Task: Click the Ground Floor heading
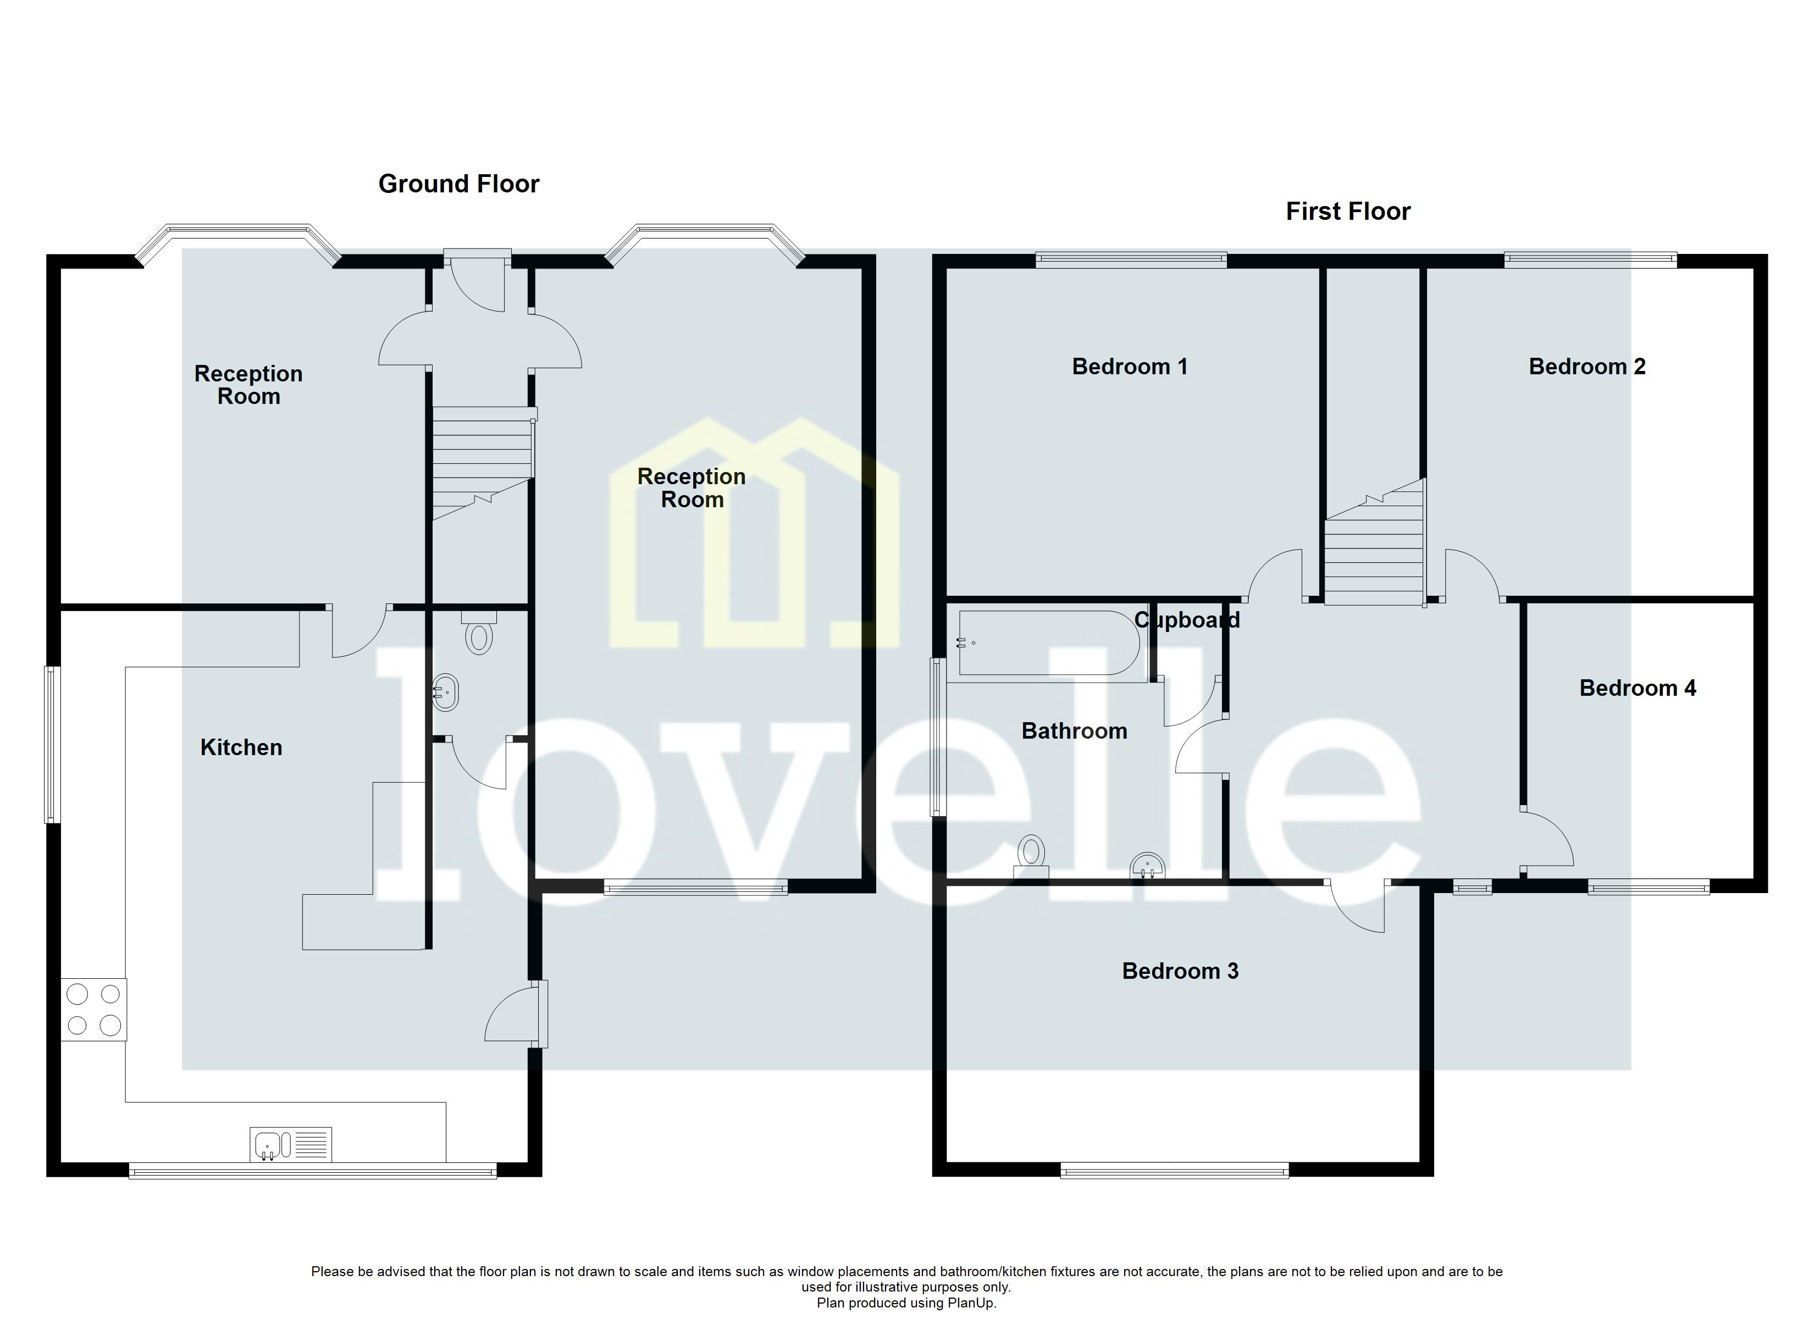[458, 184]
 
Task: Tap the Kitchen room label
[241, 748]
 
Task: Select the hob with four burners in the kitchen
[93, 1010]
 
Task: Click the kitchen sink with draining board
[290, 1145]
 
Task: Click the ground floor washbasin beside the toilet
[445, 692]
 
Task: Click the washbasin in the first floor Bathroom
[1147, 866]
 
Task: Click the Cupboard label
[1186, 620]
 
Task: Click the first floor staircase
[1374, 552]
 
